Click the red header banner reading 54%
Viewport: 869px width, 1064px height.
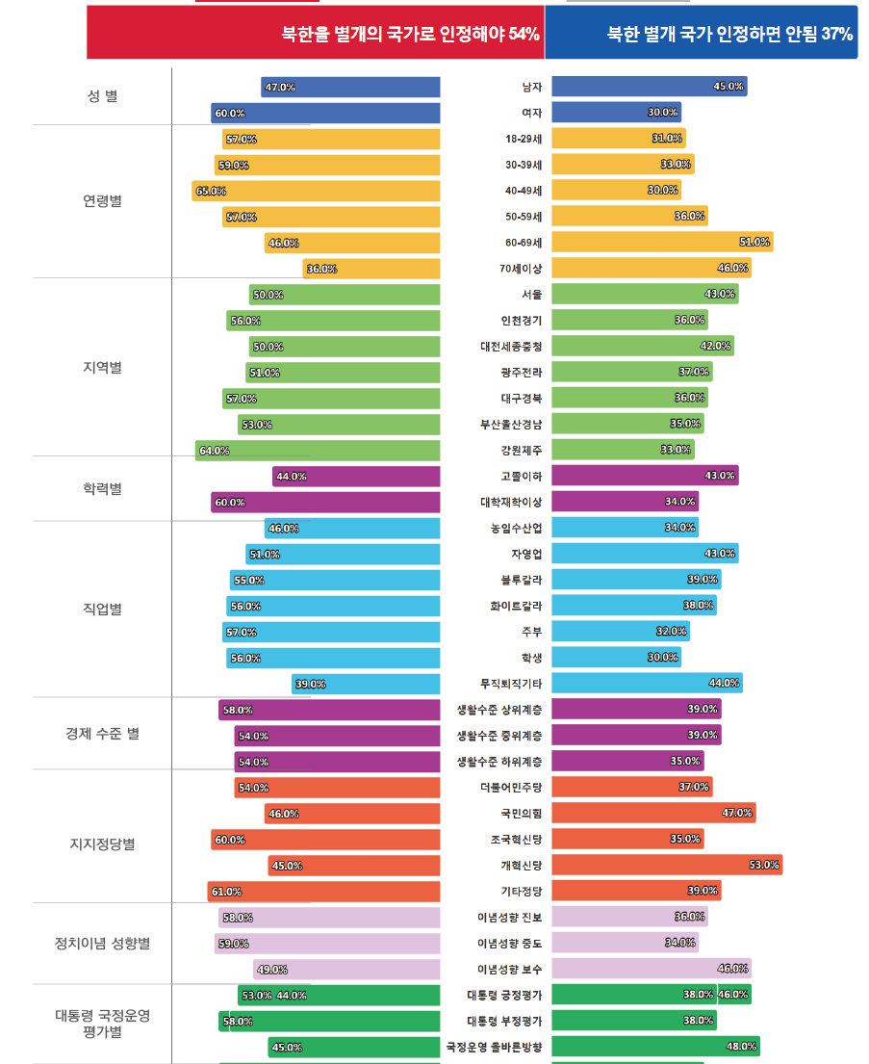[x=316, y=34]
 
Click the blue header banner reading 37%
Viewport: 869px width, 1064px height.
[x=701, y=34]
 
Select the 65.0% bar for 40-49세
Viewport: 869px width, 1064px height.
[x=316, y=191]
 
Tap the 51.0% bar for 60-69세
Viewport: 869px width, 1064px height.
[x=662, y=242]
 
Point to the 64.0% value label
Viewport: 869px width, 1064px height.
[x=215, y=451]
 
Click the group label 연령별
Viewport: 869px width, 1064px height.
[x=102, y=201]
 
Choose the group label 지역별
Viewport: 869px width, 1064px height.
[x=102, y=368]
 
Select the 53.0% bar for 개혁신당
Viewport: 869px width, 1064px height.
[x=666, y=865]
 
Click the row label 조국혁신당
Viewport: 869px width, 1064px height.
[x=516, y=839]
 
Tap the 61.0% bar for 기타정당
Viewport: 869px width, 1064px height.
[x=323, y=892]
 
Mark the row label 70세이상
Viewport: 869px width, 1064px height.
[x=519, y=269]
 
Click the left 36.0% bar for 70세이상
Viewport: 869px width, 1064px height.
[x=371, y=269]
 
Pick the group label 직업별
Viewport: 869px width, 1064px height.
[x=102, y=609]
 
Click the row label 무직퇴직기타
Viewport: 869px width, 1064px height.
[x=511, y=684]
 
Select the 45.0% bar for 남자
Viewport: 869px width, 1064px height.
[x=649, y=87]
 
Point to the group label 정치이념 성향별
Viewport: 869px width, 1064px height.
[x=102, y=944]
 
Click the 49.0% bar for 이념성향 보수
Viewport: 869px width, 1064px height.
[x=346, y=970]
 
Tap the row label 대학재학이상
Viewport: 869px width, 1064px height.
[x=511, y=502]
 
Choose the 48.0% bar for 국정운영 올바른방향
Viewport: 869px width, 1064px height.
[x=655, y=1046]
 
